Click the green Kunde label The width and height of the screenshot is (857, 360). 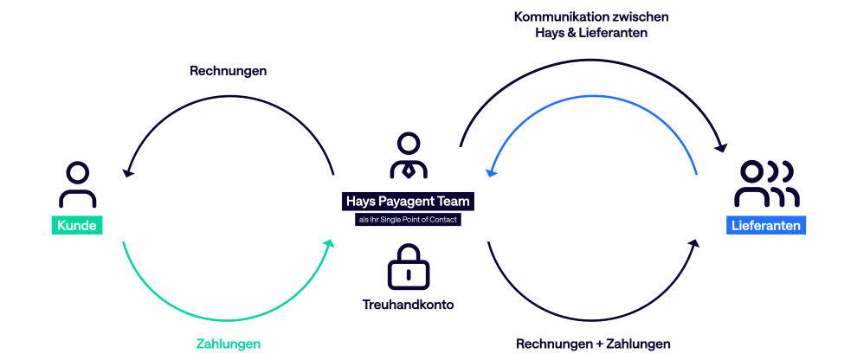[77, 226]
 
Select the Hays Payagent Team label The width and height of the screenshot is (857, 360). [408, 201]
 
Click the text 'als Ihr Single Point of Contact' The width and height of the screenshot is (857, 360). [408, 220]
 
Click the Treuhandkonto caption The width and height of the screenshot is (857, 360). [408, 305]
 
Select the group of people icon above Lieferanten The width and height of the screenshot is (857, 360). [765, 183]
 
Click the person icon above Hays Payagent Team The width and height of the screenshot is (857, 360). [408, 157]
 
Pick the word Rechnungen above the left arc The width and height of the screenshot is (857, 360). [228, 71]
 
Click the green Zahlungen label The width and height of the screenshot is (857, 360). [228, 344]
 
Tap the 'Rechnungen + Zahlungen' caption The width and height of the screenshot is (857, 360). [593, 344]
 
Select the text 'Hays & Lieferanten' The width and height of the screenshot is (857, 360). [591, 32]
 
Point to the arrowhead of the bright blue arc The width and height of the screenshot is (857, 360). [490, 172]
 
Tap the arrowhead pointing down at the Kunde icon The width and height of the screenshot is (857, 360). [127, 173]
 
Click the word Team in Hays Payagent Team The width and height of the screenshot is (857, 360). [454, 201]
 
